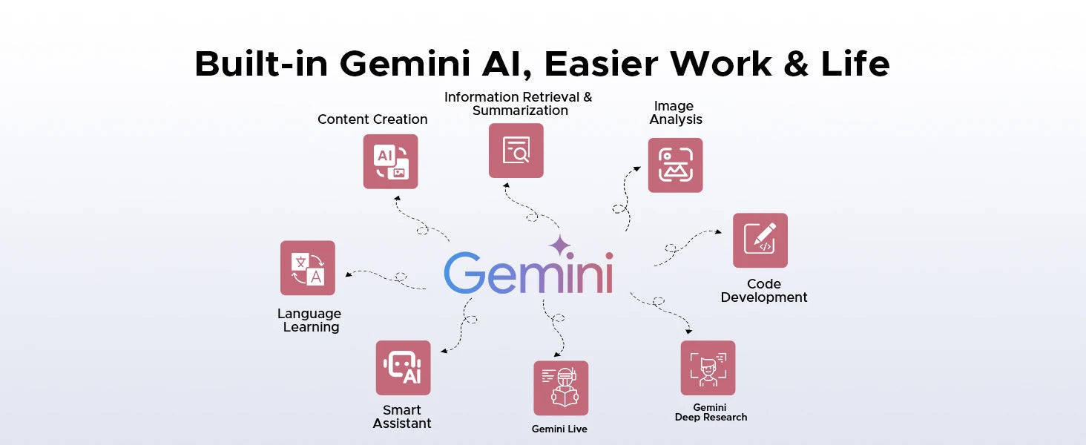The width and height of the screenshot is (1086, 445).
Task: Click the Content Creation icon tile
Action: [390, 162]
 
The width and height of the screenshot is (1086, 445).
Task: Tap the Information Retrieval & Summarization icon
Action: [516, 151]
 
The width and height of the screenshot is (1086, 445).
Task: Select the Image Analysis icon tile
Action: [675, 165]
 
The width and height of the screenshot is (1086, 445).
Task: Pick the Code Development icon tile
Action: [760, 240]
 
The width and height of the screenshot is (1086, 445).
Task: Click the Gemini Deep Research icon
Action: [708, 368]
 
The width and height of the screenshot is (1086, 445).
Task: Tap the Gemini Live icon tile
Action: [561, 388]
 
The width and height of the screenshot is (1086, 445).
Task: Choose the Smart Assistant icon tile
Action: [403, 368]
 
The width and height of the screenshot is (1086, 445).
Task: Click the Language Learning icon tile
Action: [307, 268]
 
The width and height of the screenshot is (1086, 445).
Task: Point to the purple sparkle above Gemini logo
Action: [560, 245]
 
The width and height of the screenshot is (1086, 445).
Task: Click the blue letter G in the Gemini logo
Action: [464, 272]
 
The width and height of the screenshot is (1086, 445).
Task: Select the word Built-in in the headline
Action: [261, 64]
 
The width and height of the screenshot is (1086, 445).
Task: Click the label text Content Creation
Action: [372, 119]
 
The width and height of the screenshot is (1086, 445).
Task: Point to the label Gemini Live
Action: [559, 429]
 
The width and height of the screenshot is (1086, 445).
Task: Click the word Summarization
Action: [520, 111]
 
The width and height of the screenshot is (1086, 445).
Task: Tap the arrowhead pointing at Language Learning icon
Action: [348, 274]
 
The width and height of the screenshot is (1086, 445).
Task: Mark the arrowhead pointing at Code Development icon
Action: [719, 231]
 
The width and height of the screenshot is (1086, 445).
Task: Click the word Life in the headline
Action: [855, 64]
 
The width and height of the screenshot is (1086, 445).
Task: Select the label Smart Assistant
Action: [402, 417]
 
